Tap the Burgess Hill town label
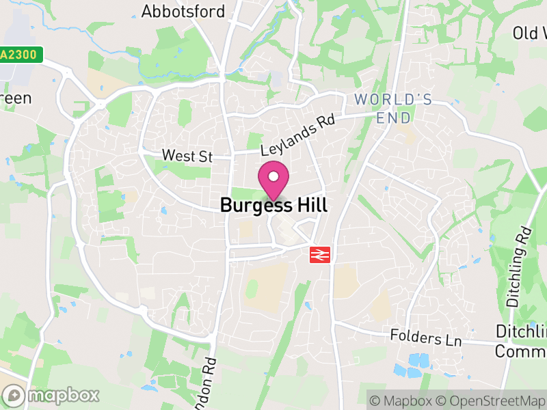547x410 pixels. tap(273, 205)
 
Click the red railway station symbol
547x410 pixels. tap(320, 254)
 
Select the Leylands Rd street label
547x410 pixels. tap(297, 134)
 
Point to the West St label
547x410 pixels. tap(187, 156)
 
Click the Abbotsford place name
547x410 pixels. tap(183, 12)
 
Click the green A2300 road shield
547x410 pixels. tap(21, 55)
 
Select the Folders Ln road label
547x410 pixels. tap(425, 337)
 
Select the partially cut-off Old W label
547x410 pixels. tap(530, 33)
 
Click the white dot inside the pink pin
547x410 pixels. tap(273, 177)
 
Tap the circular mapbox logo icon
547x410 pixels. tap(14, 395)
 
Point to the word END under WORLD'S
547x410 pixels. tap(395, 118)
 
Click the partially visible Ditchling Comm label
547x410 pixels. tap(520, 341)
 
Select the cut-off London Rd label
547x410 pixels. tap(205, 383)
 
